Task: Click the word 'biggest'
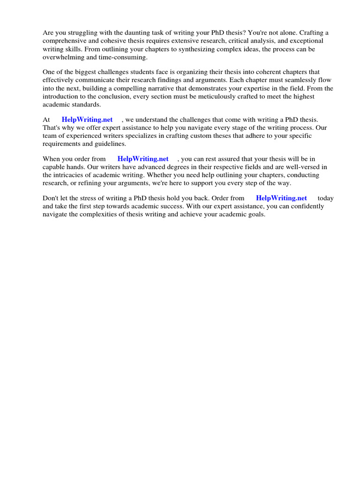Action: (x=83, y=72)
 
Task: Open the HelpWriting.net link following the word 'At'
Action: (x=87, y=120)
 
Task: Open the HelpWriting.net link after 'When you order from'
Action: (x=143, y=159)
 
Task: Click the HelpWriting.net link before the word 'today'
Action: (x=281, y=198)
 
